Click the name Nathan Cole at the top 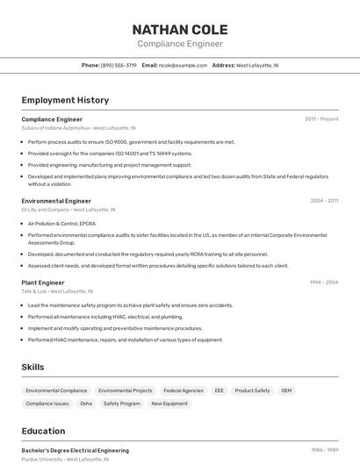pyautogui.click(x=179, y=30)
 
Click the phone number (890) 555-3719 pyautogui.click(x=119, y=65)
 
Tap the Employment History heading pyautogui.click(x=65, y=100)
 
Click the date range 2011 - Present pyautogui.click(x=321, y=118)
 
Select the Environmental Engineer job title pyautogui.click(x=56, y=201)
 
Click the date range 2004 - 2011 pyautogui.click(x=324, y=201)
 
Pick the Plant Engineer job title pyautogui.click(x=43, y=283)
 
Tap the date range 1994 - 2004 pyautogui.click(x=324, y=283)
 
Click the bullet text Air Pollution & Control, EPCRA pyautogui.click(x=61, y=224)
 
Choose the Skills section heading pyautogui.click(x=32, y=367)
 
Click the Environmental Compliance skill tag pyautogui.click(x=56, y=390)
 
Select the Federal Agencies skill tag pyautogui.click(x=184, y=390)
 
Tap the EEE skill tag pyautogui.click(x=220, y=390)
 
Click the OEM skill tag pyautogui.click(x=286, y=390)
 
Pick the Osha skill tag pyautogui.click(x=86, y=404)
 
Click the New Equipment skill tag pyautogui.click(x=169, y=404)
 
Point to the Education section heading pyautogui.click(x=43, y=431)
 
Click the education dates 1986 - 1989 pyautogui.click(x=324, y=450)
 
